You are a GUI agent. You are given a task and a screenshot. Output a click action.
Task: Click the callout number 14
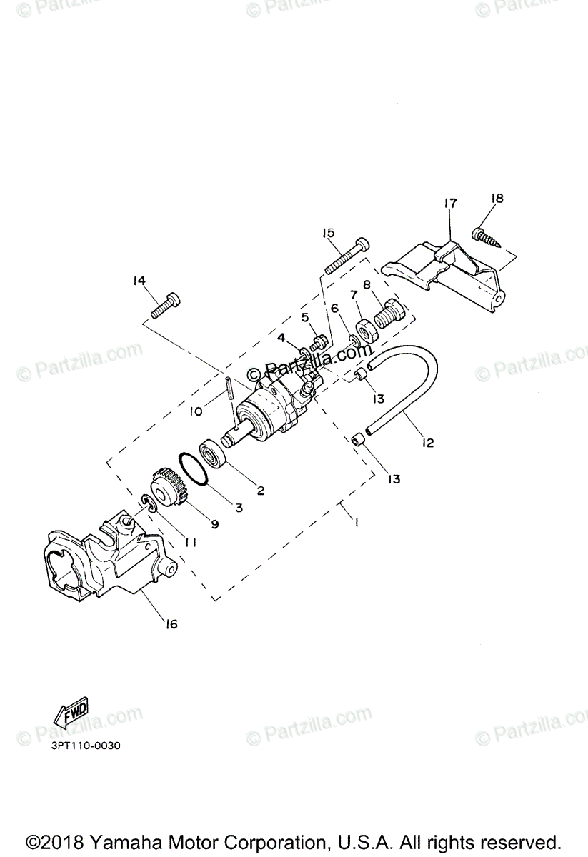(139, 281)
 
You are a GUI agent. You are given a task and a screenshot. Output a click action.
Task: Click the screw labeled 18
(488, 236)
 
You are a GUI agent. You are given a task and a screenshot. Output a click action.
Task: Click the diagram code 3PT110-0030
(86, 746)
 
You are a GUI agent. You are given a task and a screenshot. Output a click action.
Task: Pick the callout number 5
(304, 316)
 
